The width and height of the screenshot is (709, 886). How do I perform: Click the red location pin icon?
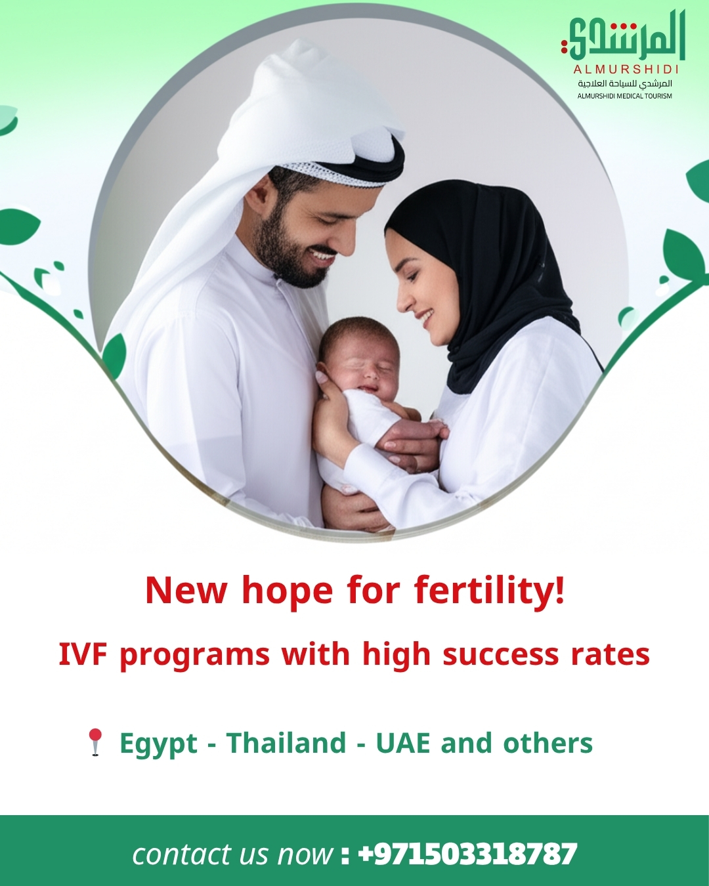[96, 742]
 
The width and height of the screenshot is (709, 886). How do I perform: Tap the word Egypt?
[158, 744]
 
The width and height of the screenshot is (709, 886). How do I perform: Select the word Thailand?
[286, 743]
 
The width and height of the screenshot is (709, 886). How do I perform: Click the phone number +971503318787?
[468, 854]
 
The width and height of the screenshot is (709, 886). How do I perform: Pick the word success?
[501, 654]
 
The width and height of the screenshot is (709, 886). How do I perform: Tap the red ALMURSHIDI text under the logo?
[626, 69]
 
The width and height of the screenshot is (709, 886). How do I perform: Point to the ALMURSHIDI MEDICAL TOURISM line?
[624, 96]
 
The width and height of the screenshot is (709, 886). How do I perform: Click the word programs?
[194, 654]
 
